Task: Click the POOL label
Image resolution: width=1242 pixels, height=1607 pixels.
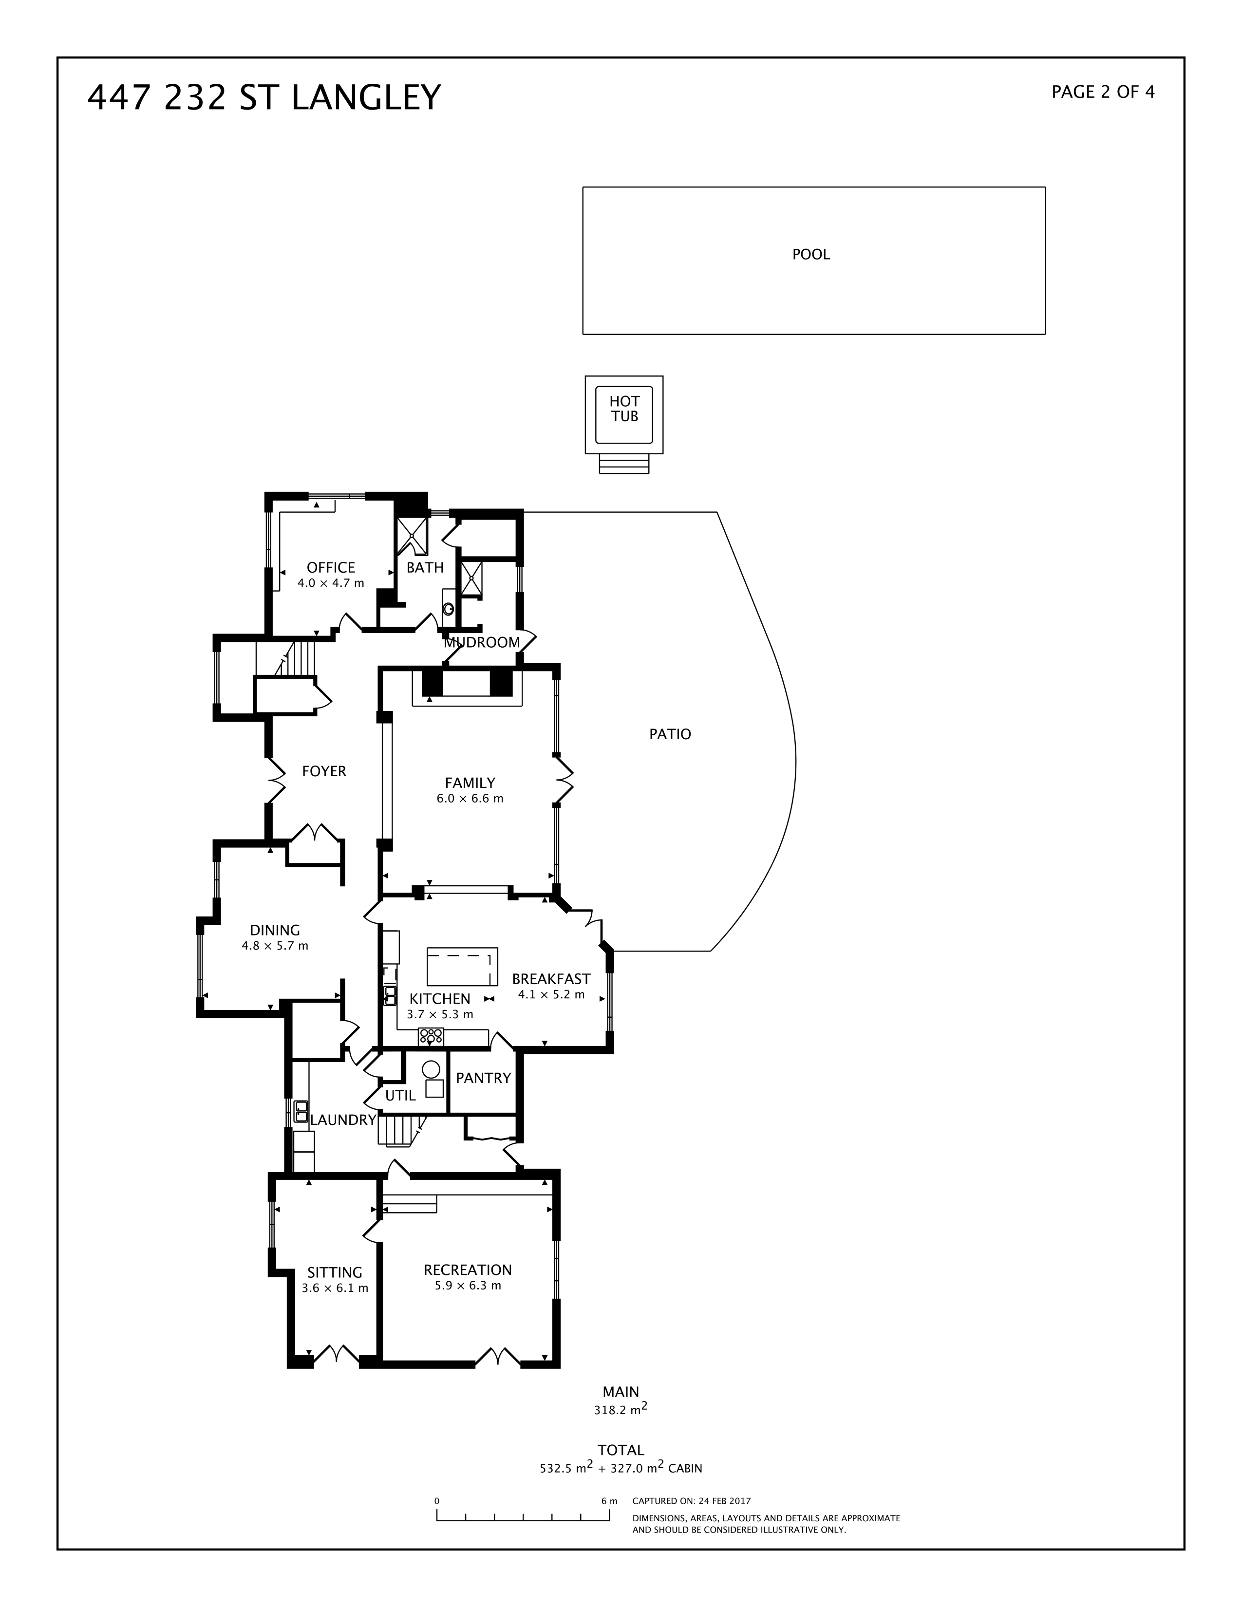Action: [811, 255]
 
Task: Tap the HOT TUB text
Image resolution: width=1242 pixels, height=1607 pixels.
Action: [624, 409]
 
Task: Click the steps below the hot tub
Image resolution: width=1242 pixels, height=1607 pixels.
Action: [624, 464]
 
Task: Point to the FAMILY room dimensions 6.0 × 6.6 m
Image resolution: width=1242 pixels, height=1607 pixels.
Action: [470, 798]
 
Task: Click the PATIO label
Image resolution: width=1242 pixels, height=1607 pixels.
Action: [670, 733]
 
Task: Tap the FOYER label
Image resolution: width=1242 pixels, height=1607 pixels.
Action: [324, 771]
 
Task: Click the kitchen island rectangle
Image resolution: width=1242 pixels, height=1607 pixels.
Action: [462, 966]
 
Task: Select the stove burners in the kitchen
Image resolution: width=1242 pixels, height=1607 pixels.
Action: [431, 1037]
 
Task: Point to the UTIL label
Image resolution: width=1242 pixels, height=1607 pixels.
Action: [400, 1096]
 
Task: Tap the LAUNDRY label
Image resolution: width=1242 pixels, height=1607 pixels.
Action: [343, 1120]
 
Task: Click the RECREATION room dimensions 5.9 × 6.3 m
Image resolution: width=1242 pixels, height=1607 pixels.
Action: [467, 1286]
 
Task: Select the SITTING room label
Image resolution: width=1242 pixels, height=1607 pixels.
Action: [335, 1272]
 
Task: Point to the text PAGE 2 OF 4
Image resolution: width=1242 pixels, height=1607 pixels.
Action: [1102, 92]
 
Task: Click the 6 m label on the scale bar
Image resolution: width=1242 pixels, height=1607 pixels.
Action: [608, 1501]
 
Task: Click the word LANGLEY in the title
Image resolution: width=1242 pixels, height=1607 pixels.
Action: [366, 98]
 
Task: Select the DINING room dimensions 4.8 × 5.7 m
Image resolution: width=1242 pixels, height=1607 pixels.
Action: [274, 946]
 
